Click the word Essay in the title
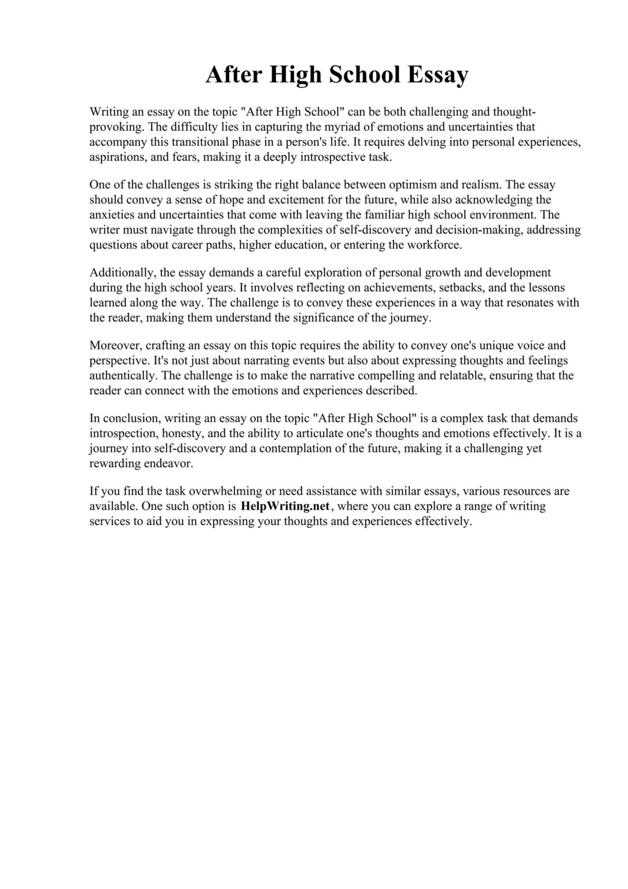tap(438, 75)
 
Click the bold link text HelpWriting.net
tap(285, 506)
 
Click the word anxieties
tap(111, 215)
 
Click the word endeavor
tap(170, 464)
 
